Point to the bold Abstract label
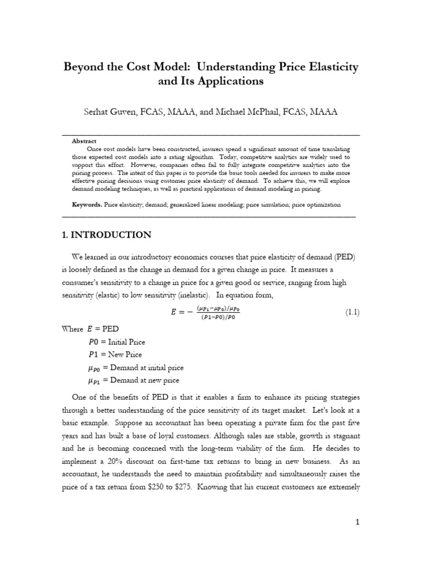(84, 141)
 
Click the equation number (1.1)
(352, 312)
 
